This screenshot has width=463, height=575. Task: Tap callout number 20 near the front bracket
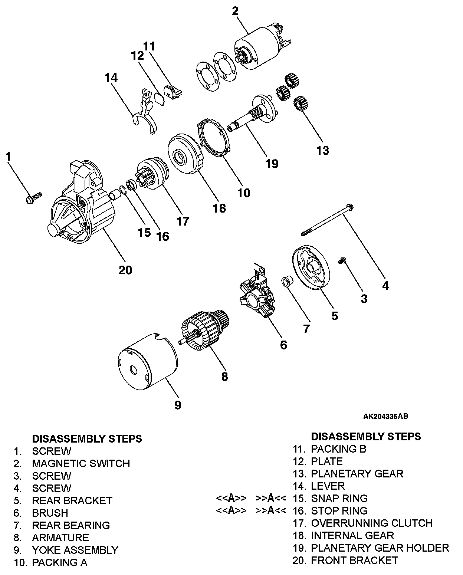tap(125, 270)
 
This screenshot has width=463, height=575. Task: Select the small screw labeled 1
tap(33, 197)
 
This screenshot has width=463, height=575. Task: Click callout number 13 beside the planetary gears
tap(322, 150)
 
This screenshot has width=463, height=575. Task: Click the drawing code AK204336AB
tap(385, 416)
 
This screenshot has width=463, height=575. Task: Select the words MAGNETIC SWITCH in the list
tap(81, 463)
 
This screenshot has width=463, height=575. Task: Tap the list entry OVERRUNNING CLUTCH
tap(372, 523)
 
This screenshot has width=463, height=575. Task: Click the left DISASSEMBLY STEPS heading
tap(87, 438)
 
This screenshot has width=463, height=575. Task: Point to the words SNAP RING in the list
tap(339, 498)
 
